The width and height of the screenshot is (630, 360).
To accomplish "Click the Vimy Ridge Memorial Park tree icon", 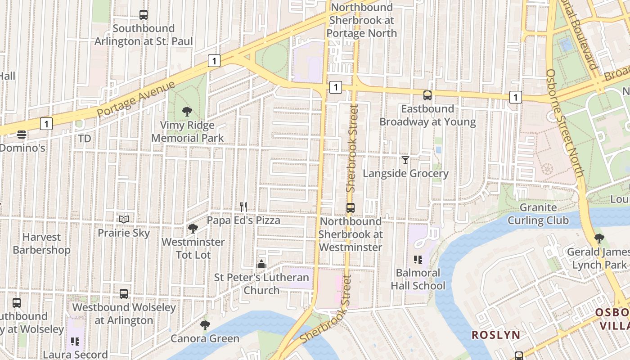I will (187, 111).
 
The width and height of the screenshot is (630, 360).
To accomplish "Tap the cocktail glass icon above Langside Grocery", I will (405, 160).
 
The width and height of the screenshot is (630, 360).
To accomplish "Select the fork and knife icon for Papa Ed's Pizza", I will (243, 207).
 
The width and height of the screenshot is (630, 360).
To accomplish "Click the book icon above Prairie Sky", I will (124, 219).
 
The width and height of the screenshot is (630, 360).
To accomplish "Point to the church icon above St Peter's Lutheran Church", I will (261, 264).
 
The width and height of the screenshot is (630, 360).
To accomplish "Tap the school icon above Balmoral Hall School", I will (418, 259).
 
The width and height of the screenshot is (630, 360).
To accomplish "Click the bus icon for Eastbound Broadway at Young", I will (427, 95).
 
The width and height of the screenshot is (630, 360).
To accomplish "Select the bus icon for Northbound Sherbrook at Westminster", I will (351, 208).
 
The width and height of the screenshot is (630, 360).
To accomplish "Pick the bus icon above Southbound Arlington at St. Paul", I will (144, 15).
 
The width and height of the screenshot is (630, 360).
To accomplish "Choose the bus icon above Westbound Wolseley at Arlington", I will (124, 294).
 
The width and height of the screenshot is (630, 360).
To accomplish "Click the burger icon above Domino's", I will (22, 134).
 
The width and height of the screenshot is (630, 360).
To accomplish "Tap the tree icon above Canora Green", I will (205, 325).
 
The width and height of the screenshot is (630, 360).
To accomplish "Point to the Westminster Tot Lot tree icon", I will (193, 229).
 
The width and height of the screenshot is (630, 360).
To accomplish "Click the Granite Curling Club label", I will (538, 214).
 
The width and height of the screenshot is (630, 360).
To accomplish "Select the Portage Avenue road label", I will (135, 99).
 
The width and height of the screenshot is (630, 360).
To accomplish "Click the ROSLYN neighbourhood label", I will (496, 335).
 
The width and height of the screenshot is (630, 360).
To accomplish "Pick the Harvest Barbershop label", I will (41, 243).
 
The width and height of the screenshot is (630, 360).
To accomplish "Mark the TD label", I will (85, 139).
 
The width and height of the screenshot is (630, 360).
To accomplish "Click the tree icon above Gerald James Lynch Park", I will (598, 238).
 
